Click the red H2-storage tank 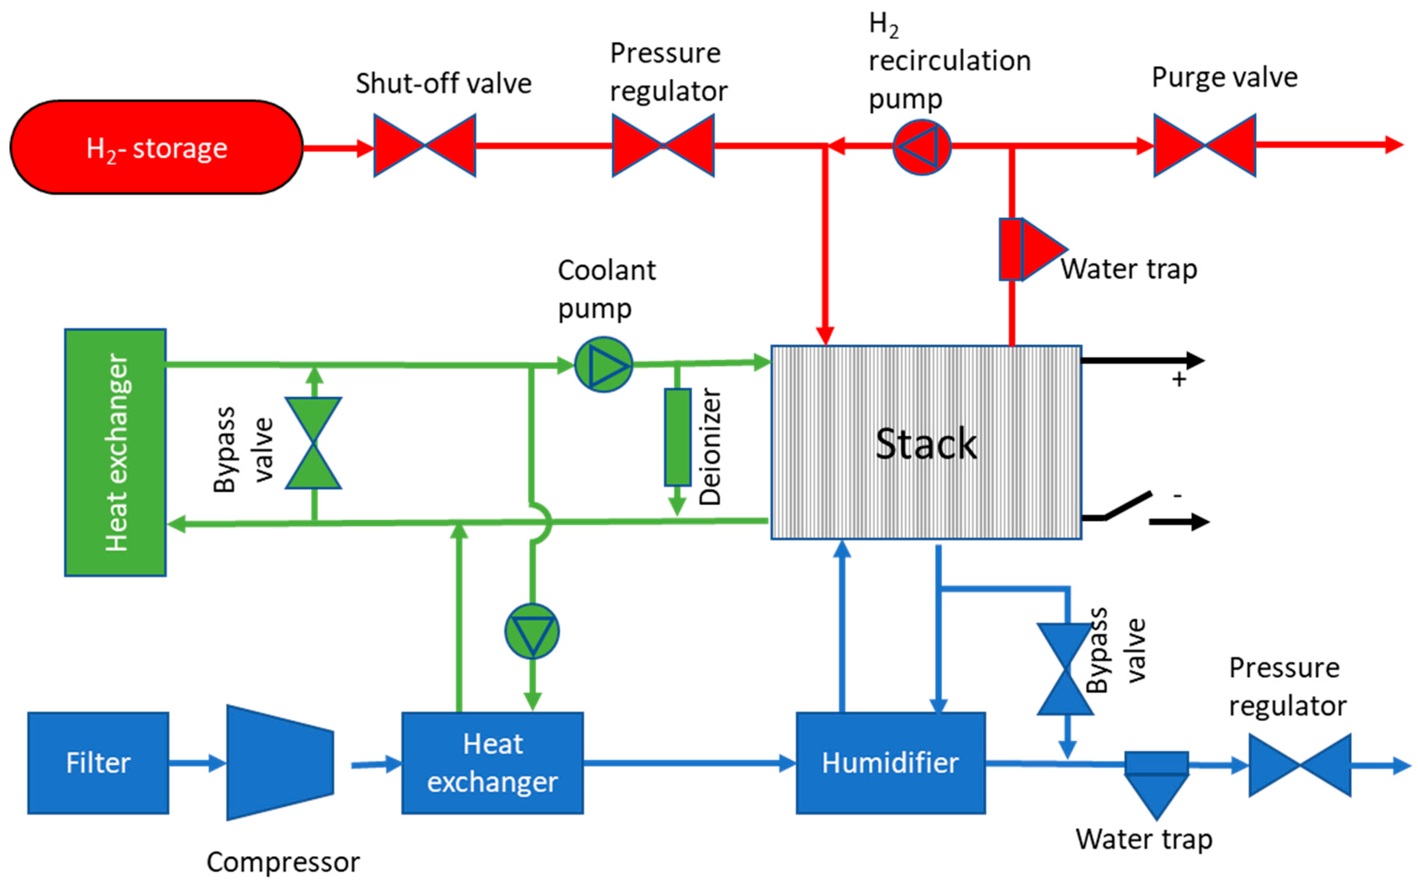click(156, 147)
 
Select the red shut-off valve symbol click(424, 146)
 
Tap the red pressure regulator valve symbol click(663, 146)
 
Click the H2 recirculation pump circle click(921, 147)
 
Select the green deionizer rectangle click(677, 437)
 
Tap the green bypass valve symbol click(313, 443)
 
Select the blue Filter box click(98, 762)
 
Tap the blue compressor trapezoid click(280, 762)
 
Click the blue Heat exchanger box click(493, 762)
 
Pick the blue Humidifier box click(890, 762)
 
